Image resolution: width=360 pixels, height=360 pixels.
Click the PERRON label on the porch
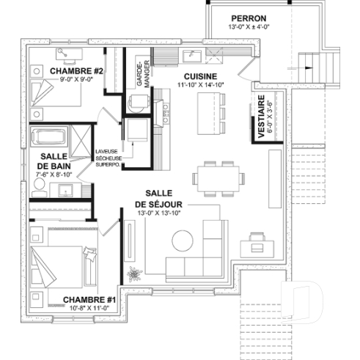coord(248,18)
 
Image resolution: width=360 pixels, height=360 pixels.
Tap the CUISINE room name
coord(199,76)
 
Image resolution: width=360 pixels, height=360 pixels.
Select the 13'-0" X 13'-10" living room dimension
coord(158,213)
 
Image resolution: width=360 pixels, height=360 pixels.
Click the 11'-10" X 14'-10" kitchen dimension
coord(199,85)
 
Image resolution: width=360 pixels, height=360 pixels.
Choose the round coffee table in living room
coord(182,240)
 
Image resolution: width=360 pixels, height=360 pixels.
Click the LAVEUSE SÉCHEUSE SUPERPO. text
coord(109,158)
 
